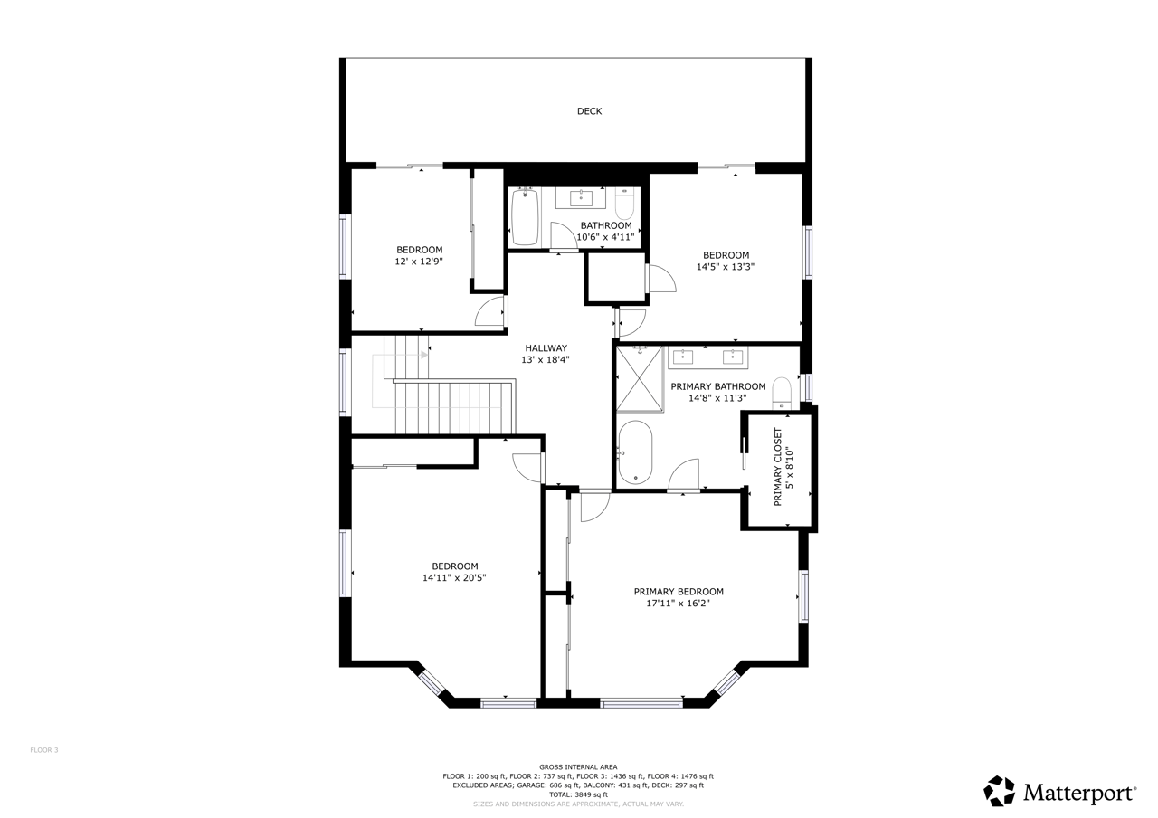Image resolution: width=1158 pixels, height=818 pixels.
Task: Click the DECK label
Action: pyautogui.click(x=589, y=111)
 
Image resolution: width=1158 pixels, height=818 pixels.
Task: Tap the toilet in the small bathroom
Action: pyautogui.click(x=624, y=204)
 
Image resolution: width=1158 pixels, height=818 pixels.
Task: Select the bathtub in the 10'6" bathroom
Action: pyautogui.click(x=525, y=217)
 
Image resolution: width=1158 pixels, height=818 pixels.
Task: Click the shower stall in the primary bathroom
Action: pyautogui.click(x=640, y=379)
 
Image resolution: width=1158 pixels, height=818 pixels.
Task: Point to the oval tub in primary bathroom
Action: pyautogui.click(x=635, y=452)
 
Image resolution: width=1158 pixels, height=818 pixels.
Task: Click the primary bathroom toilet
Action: pyautogui.click(x=782, y=394)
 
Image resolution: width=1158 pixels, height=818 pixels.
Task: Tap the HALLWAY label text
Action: pyautogui.click(x=546, y=348)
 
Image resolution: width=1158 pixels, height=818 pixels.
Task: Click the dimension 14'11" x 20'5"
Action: pyautogui.click(x=454, y=577)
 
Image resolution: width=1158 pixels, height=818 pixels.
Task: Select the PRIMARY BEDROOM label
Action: pyautogui.click(x=679, y=592)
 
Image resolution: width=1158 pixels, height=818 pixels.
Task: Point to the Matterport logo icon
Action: pyautogui.click(x=999, y=791)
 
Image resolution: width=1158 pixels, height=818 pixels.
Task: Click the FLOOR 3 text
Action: pyautogui.click(x=44, y=750)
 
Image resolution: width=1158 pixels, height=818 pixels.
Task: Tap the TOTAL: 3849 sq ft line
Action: pyautogui.click(x=578, y=794)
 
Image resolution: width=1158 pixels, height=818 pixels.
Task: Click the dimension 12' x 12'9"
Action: pyautogui.click(x=419, y=262)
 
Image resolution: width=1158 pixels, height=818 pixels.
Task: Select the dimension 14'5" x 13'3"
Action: pyautogui.click(x=726, y=267)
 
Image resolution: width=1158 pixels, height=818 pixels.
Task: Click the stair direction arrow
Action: pyautogui.click(x=424, y=355)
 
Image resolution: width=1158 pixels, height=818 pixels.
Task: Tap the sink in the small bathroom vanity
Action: pyautogui.click(x=581, y=198)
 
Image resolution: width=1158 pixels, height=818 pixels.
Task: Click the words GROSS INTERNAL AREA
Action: pyautogui.click(x=578, y=766)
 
